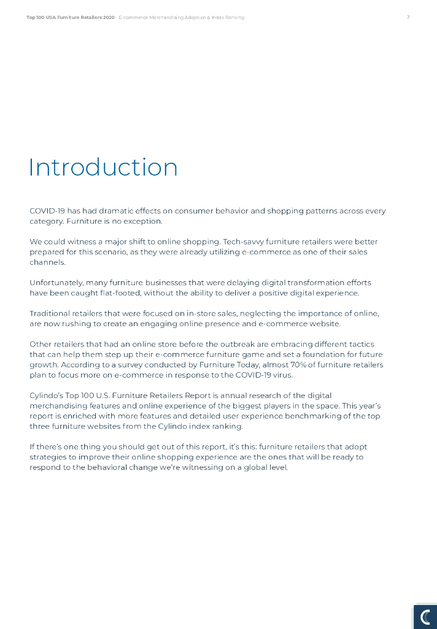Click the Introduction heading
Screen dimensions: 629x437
pos(103,168)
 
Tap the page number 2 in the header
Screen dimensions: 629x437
pos(408,17)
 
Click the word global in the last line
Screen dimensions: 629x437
pos(246,467)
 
